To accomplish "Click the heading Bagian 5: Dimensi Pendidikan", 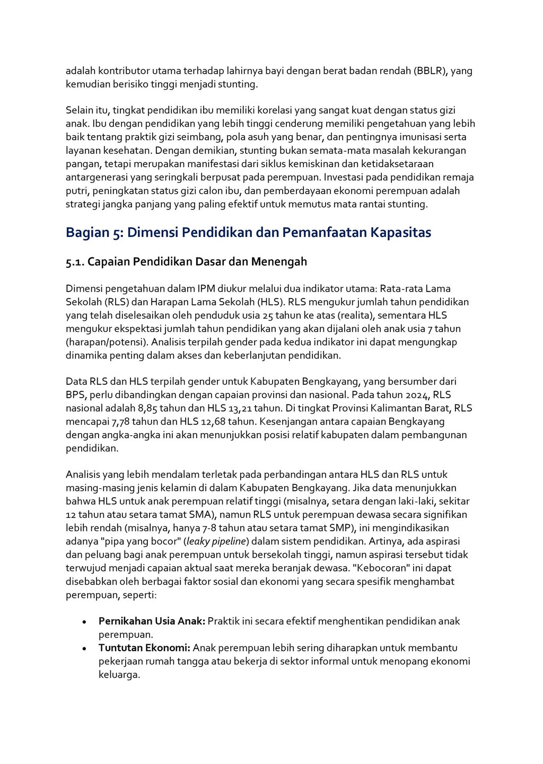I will (x=248, y=233).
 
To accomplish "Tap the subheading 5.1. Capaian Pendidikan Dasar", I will (x=186, y=262).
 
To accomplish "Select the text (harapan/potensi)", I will (x=103, y=342).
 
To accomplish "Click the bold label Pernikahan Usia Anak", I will (x=152, y=621).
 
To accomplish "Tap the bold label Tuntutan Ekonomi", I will (x=144, y=648).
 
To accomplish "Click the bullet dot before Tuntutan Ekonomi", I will (x=84, y=648).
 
